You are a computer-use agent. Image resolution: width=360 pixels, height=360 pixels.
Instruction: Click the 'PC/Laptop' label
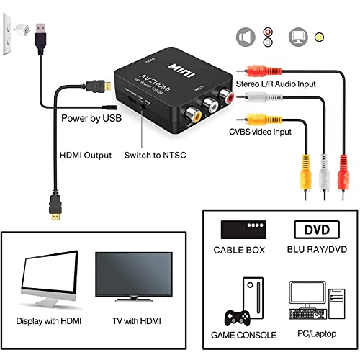pyautogui.click(x=315, y=335)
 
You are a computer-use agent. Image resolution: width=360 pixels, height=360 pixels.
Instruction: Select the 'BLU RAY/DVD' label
pyautogui.click(x=318, y=250)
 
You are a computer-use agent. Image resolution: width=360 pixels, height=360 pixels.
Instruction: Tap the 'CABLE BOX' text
pyautogui.click(x=241, y=250)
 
